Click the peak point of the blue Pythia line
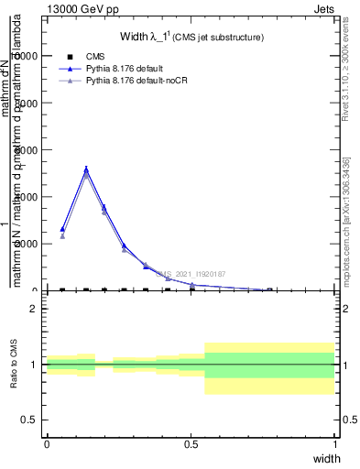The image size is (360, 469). pyautogui.click(x=86, y=169)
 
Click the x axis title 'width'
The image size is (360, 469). pyautogui.click(x=326, y=458)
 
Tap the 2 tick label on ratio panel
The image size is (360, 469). pyautogui.click(x=37, y=310)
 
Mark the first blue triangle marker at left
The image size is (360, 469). pyautogui.click(x=62, y=229)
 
